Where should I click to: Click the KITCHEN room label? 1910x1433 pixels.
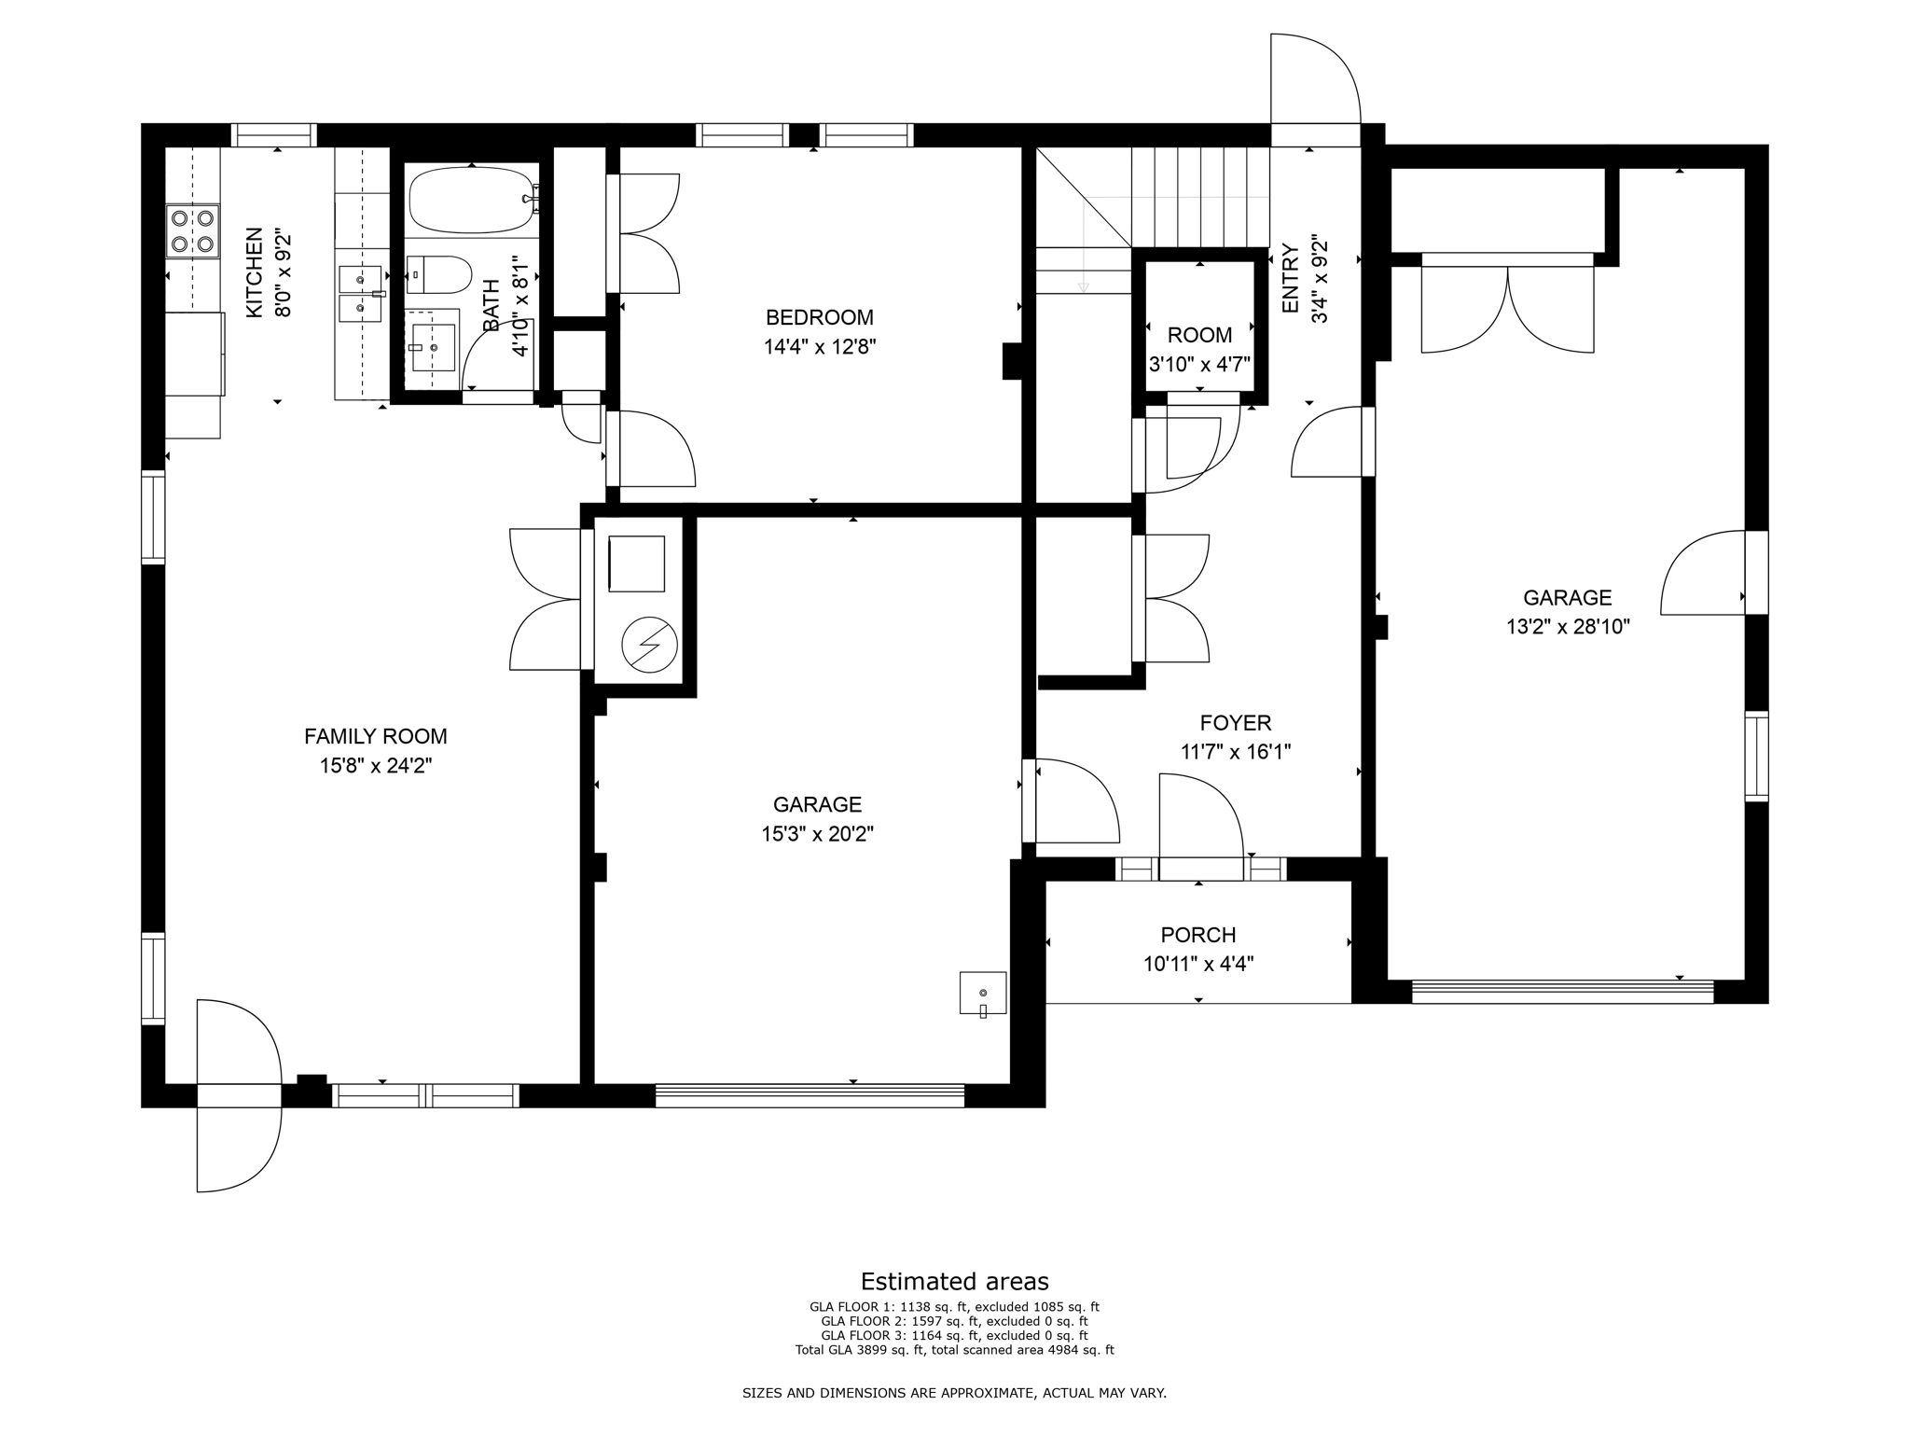[254, 272]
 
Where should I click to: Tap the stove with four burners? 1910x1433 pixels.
[191, 231]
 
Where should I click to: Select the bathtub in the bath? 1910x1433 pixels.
[471, 200]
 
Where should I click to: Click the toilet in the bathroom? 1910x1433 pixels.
[439, 274]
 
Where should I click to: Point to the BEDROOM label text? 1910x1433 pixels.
[819, 317]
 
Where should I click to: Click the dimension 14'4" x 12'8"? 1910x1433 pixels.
[819, 347]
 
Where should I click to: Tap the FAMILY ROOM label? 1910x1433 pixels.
[375, 736]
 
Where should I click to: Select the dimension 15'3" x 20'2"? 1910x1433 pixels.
[817, 834]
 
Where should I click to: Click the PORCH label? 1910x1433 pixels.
[1197, 935]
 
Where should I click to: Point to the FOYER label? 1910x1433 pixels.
[1235, 723]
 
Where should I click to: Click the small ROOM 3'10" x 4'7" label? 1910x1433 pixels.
[1199, 335]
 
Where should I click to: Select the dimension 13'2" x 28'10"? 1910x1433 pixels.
[1567, 627]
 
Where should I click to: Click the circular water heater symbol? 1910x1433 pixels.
[649, 645]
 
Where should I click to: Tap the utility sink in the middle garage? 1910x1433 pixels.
[983, 993]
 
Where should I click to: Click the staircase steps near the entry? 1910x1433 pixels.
[1199, 197]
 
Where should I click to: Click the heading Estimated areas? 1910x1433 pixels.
[954, 1281]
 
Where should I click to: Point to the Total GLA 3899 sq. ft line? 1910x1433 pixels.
[954, 1350]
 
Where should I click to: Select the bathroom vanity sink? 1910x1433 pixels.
[434, 347]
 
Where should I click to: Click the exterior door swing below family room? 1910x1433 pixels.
[238, 1148]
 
